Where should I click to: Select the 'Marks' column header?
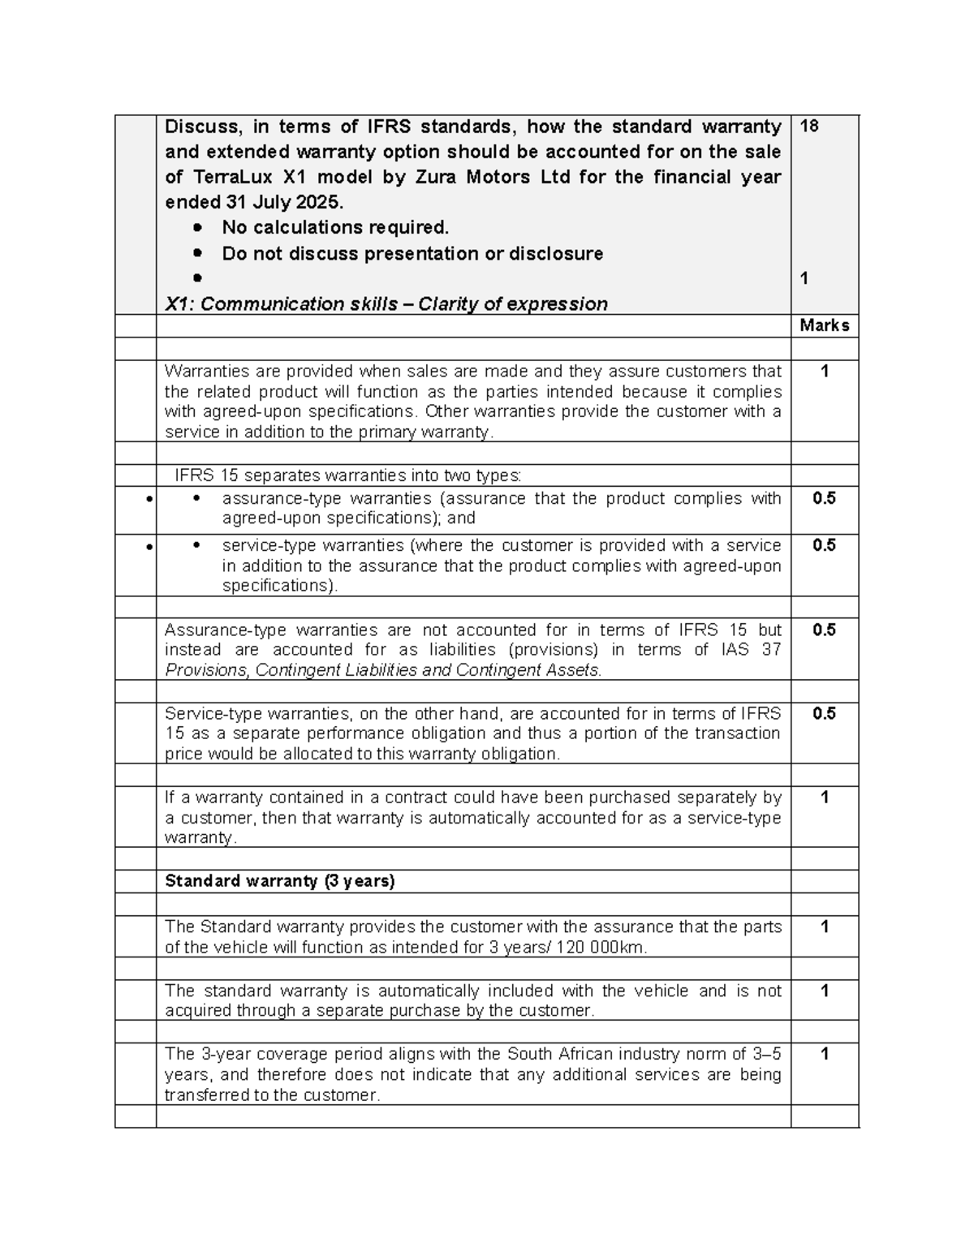(824, 325)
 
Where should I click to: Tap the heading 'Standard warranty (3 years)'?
(279, 881)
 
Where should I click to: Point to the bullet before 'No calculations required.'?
(197, 228)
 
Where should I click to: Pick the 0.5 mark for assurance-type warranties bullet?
(824, 498)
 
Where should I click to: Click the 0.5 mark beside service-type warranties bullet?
(824, 545)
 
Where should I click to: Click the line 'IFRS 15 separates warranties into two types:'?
(349, 475)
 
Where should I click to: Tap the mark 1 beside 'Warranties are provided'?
(824, 372)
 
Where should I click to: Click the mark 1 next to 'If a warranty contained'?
(824, 798)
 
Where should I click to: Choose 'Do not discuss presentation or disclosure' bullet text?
(412, 254)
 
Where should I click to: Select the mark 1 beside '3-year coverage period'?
(824, 1054)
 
